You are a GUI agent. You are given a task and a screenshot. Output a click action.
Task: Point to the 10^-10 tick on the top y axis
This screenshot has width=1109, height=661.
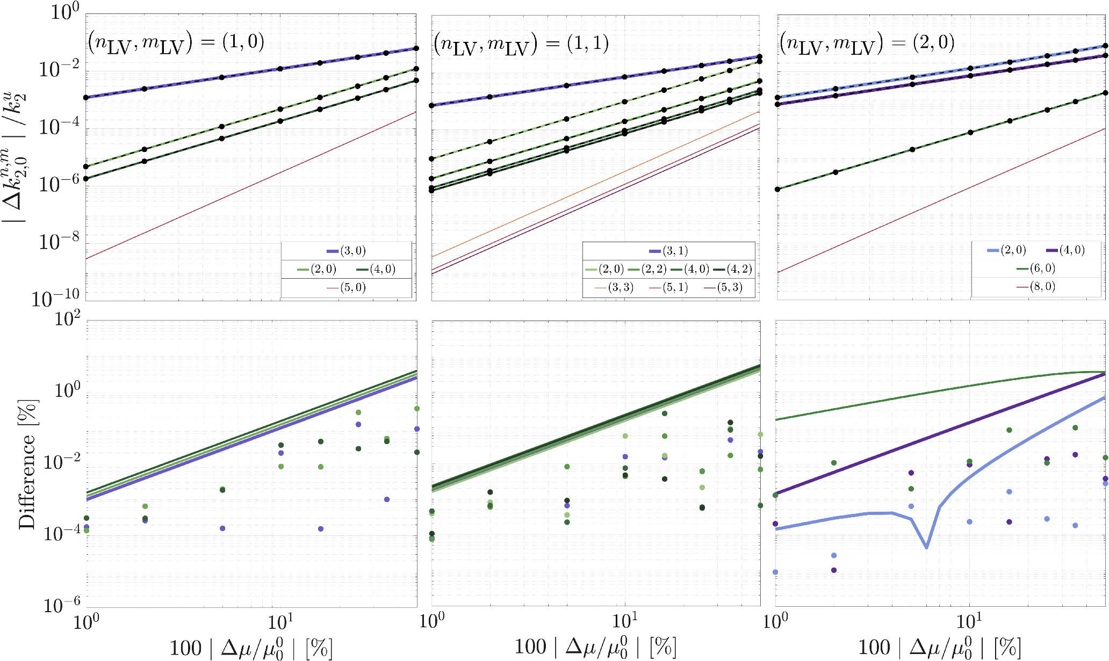click(x=55, y=298)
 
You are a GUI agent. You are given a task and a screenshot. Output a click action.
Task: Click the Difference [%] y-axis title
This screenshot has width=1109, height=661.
click(x=27, y=465)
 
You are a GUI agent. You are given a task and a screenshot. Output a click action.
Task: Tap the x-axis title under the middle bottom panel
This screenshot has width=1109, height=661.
click(x=595, y=648)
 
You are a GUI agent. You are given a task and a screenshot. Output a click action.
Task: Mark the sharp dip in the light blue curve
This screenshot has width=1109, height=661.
click(x=927, y=547)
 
